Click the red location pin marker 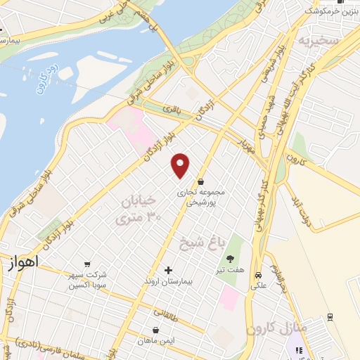[181, 165]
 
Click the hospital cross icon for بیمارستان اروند [167, 270]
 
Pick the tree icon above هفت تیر [229, 259]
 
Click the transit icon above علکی [259, 275]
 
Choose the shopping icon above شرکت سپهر [87, 264]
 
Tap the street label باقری [172, 109]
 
